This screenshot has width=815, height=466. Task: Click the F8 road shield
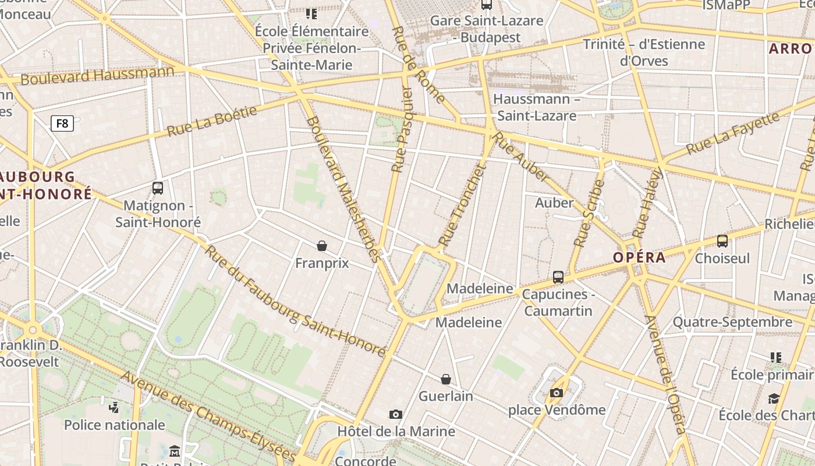(62, 123)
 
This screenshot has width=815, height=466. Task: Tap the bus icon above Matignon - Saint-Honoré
(157, 188)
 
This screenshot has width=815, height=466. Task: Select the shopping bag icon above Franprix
(322, 246)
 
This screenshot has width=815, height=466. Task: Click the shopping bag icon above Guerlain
(446, 379)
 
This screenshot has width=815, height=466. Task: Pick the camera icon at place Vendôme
(557, 393)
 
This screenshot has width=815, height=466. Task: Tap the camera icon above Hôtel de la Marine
(396, 414)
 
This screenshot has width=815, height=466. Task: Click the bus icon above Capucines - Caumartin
(558, 277)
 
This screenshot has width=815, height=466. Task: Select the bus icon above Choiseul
(722, 241)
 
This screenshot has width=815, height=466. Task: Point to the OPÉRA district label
(639, 257)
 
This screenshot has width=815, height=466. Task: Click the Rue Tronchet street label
(462, 205)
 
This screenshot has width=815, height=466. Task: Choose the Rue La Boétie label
(212, 121)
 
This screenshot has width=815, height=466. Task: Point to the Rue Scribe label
(590, 213)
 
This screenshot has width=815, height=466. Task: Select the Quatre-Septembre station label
(732, 322)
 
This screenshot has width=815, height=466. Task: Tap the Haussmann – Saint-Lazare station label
(536, 107)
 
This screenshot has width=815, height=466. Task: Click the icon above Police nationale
(115, 407)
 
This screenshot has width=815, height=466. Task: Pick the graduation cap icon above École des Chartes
(774, 398)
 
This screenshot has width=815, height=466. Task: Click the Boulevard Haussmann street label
(97, 75)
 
